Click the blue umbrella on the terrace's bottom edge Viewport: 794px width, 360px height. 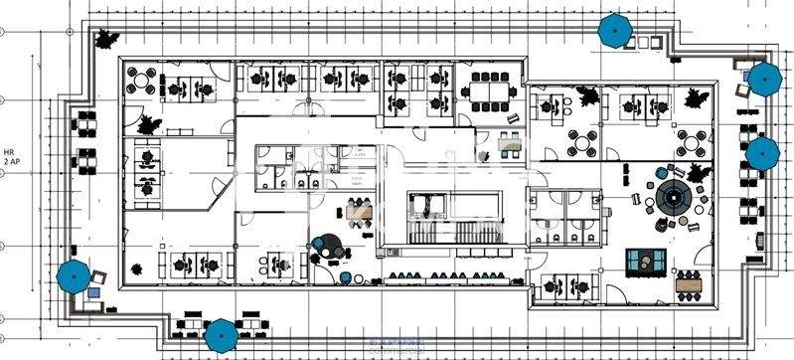[x=221, y=335]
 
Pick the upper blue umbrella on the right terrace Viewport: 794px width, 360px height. [x=763, y=79]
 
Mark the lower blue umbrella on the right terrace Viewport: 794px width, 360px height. [x=762, y=153]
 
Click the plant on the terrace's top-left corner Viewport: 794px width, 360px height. [x=103, y=39]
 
